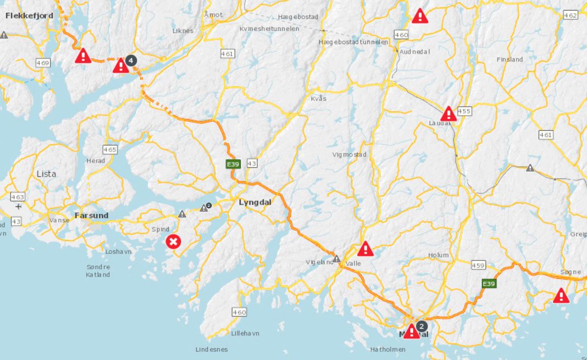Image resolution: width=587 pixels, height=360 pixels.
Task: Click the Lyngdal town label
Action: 255,202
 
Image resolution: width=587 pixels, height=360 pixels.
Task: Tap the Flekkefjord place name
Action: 29,16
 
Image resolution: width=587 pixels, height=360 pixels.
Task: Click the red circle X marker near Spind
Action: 174,241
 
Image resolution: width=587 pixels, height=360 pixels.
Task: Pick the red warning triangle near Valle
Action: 366,249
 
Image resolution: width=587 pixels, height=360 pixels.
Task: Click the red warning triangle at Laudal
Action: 449,114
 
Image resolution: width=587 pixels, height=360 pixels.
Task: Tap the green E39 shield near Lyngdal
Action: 233,164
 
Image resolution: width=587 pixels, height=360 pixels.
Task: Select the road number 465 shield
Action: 110,149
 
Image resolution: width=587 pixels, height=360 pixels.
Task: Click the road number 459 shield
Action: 478,265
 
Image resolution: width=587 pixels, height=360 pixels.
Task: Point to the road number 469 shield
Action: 43,63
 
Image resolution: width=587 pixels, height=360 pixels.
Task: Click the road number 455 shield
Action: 464,111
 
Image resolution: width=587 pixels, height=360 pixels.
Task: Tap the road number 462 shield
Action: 571,15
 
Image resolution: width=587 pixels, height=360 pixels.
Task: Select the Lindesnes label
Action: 211,349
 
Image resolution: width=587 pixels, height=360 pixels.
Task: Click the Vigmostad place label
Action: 349,154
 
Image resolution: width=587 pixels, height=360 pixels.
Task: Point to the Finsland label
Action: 509,59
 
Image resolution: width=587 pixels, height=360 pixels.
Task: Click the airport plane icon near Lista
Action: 18,206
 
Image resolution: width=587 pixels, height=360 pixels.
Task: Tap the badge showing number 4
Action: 131,60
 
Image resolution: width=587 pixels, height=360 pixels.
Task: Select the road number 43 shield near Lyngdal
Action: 252,163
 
